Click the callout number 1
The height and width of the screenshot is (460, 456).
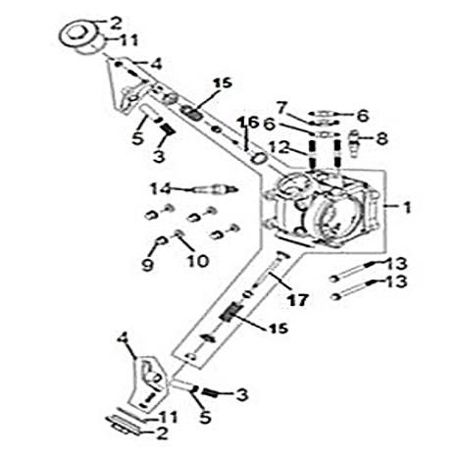pyautogui.click(x=407, y=207)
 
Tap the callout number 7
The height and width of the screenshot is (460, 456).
pyautogui.click(x=282, y=108)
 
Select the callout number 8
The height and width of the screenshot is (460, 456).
pyautogui.click(x=381, y=138)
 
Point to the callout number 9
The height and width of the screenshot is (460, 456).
pyautogui.click(x=147, y=265)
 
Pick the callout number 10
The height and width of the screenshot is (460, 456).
pyautogui.click(x=198, y=261)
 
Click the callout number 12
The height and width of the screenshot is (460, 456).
pyautogui.click(x=279, y=148)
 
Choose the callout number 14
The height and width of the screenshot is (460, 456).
pyautogui.click(x=161, y=188)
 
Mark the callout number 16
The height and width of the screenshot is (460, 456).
pyautogui.click(x=248, y=123)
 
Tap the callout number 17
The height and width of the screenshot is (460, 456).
pyautogui.click(x=297, y=300)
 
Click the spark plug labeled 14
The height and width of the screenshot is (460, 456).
pyautogui.click(x=213, y=189)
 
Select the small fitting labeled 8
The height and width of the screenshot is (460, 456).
pyautogui.click(x=355, y=144)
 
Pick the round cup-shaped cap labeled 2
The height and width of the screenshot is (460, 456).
pyautogui.click(x=80, y=36)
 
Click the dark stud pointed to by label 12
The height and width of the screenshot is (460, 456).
pyautogui.click(x=312, y=152)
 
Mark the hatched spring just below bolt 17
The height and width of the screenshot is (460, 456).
pyautogui.click(x=231, y=312)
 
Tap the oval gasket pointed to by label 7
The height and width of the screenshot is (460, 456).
pyautogui.click(x=323, y=123)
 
